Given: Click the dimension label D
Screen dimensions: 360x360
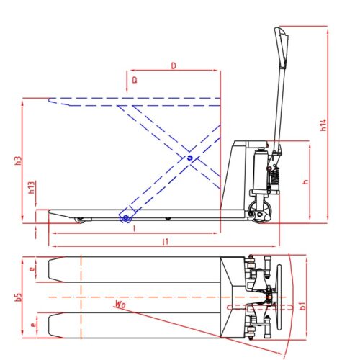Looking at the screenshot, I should click(174, 66).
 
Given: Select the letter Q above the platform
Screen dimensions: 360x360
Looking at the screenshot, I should click(135, 80).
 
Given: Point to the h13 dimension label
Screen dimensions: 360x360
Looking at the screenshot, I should click(32, 189).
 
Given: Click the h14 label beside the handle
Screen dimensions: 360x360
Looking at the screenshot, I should click(324, 125).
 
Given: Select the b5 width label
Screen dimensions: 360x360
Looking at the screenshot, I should click(19, 297).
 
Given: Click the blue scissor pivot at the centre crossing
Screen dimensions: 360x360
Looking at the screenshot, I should click(189, 158).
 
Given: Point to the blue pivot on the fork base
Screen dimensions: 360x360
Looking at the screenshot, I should click(126, 217).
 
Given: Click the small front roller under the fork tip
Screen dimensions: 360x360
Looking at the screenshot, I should click(79, 220).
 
